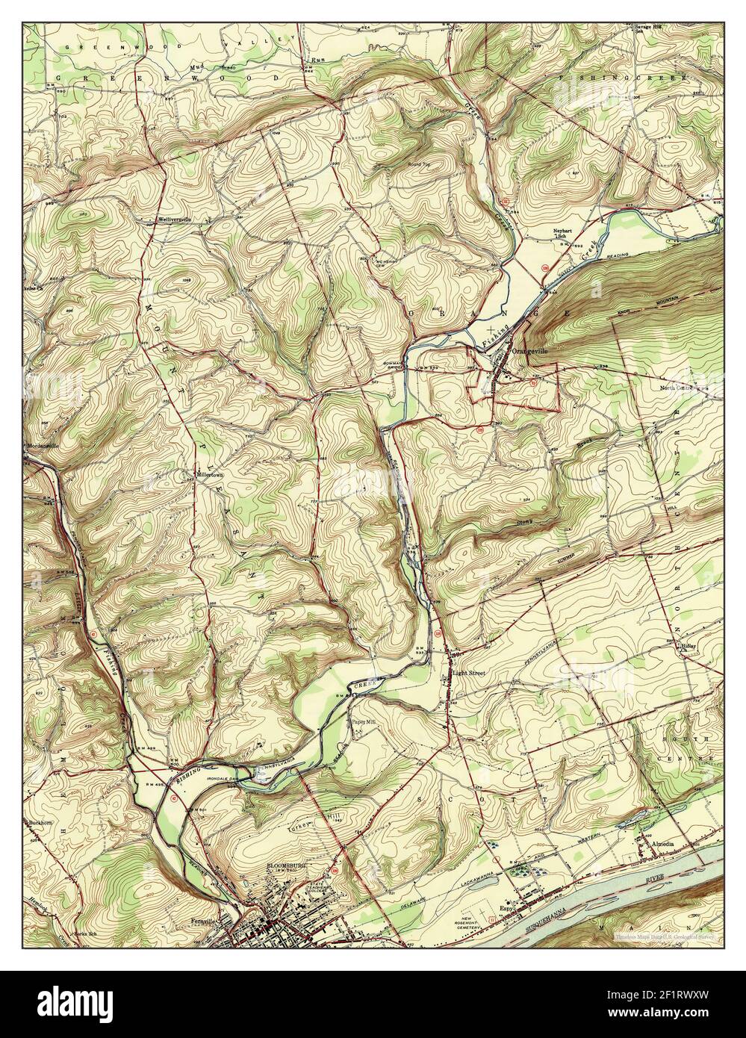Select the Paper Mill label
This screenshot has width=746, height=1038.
pyautogui.click(x=361, y=722)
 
